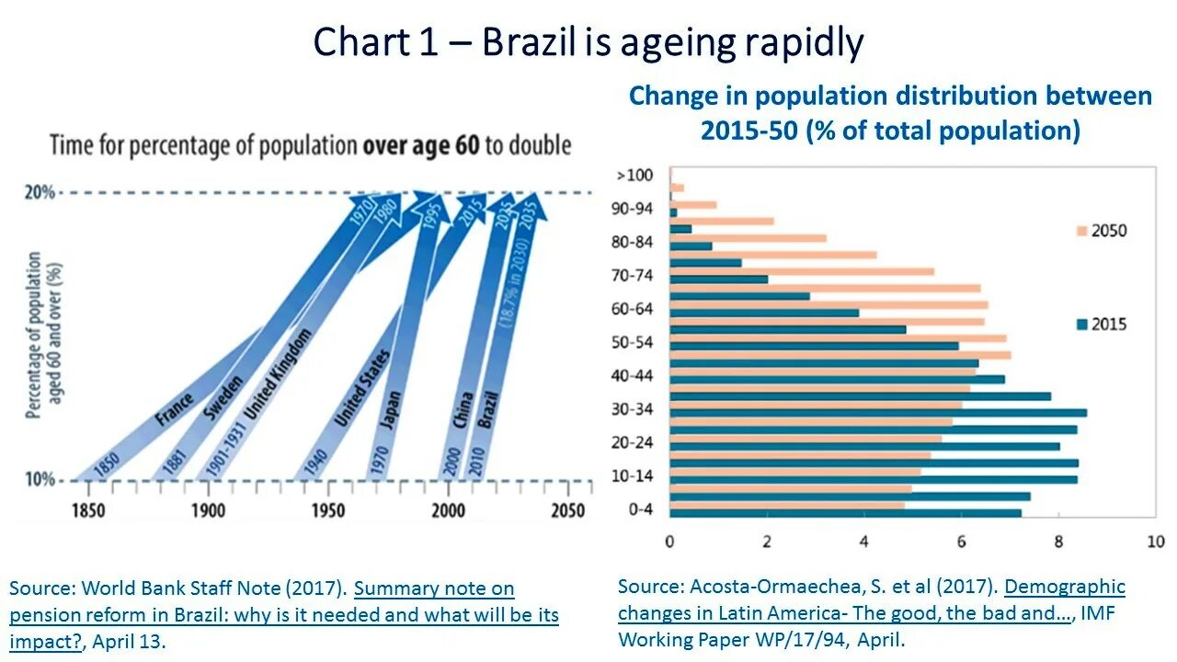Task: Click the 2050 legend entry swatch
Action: click(1081, 231)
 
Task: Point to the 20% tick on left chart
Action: click(40, 192)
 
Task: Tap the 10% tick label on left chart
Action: click(40, 480)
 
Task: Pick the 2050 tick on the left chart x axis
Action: click(567, 510)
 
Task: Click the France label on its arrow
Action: click(175, 409)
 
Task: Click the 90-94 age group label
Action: click(634, 209)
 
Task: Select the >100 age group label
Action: click(634, 175)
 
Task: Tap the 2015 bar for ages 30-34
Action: click(878, 413)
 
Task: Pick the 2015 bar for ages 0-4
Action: click(846, 513)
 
